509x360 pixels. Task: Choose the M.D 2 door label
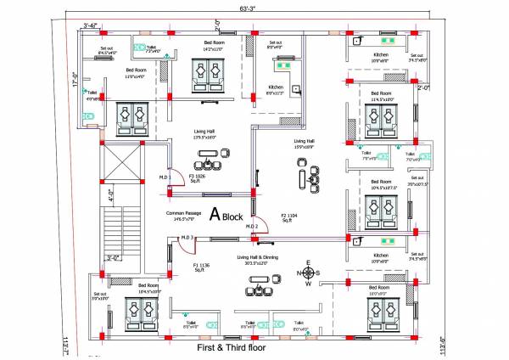click(252, 226)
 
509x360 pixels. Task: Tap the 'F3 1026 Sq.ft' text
click(197, 178)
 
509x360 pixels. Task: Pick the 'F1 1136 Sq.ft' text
click(200, 268)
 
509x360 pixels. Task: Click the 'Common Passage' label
click(182, 216)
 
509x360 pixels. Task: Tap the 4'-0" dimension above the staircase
click(109, 194)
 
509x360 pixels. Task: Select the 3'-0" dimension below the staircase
click(115, 257)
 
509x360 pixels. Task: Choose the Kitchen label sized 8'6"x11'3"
click(276, 89)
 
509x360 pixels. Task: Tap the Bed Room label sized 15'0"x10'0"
click(378, 290)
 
